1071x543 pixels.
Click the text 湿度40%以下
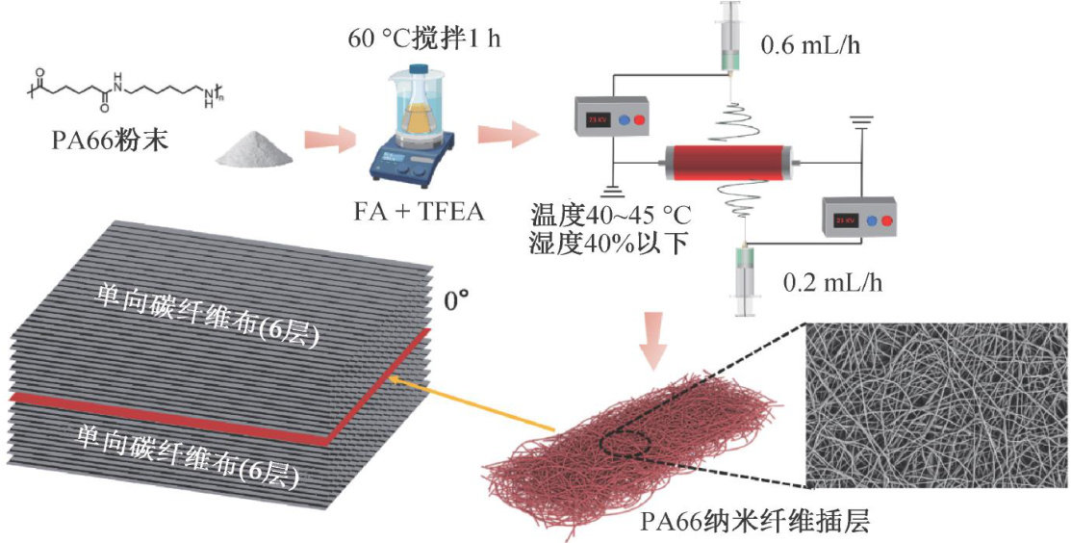tap(607, 242)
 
